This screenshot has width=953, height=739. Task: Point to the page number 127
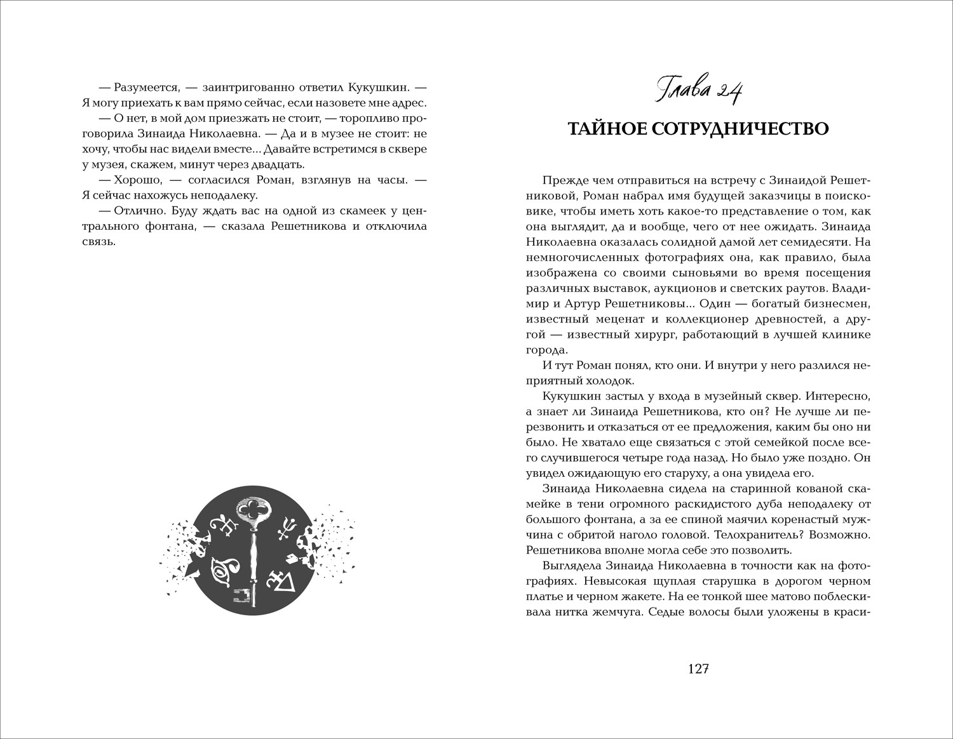point(698,669)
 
